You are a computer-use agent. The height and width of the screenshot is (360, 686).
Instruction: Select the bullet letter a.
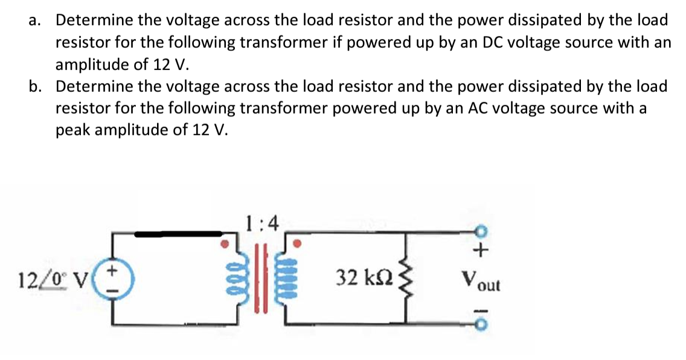click(x=34, y=20)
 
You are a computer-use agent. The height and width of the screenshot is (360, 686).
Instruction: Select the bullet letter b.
click(x=36, y=86)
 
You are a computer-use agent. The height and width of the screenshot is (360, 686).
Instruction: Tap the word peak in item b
click(x=72, y=130)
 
